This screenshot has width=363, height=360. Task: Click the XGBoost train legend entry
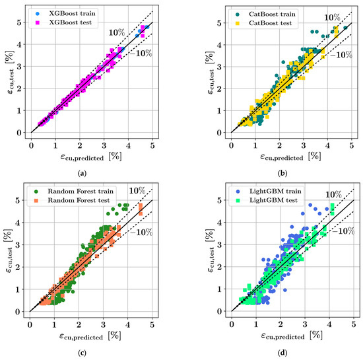click(x=63, y=13)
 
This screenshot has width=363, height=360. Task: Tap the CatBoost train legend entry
click(x=264, y=13)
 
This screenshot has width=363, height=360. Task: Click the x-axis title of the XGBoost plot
click(x=92, y=158)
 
